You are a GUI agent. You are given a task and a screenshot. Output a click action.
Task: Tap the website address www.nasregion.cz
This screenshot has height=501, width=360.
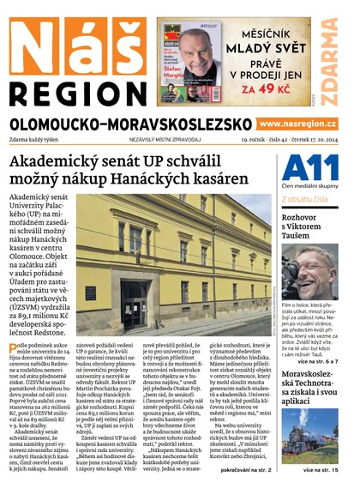tap(308, 124)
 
